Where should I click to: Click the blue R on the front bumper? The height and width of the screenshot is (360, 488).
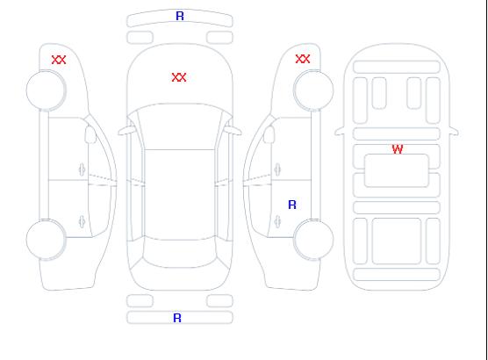click(x=180, y=16)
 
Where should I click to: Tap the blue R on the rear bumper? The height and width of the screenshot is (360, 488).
click(x=177, y=318)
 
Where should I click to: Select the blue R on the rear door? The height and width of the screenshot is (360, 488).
click(x=292, y=205)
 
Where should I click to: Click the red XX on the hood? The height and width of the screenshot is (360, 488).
click(x=179, y=77)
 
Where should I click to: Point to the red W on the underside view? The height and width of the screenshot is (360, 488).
click(x=398, y=149)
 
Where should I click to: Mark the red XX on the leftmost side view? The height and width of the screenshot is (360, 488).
click(x=59, y=60)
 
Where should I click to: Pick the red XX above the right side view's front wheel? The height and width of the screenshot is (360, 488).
click(x=303, y=59)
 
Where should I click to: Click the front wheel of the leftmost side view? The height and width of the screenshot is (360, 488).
click(x=46, y=90)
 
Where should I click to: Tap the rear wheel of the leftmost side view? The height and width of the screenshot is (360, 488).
click(x=46, y=240)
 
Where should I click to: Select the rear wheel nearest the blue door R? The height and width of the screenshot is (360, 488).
click(x=313, y=240)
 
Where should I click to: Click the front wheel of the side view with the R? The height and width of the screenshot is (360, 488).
click(x=313, y=90)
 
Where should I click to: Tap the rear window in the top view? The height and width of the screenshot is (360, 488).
click(x=180, y=253)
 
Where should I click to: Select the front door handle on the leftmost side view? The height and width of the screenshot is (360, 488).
click(x=82, y=169)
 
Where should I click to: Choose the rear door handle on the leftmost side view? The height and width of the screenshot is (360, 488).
click(x=82, y=221)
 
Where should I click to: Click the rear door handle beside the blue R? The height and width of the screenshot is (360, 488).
click(x=277, y=221)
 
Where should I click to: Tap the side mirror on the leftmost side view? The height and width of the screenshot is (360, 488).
click(x=90, y=134)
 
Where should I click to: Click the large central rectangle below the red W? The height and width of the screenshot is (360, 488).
click(x=397, y=170)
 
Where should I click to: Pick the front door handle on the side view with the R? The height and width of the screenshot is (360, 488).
click(x=277, y=169)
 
